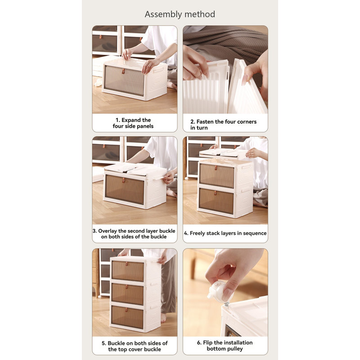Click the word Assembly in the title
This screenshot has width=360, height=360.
(163, 14)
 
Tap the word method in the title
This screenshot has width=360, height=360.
(200, 14)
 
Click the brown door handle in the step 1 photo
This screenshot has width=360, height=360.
(123, 71)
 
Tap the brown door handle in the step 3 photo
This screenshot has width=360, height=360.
(123, 180)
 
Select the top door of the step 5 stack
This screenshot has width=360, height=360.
(128, 271)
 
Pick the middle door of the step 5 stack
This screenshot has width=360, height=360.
(127, 294)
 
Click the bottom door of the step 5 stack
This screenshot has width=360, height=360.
(127, 317)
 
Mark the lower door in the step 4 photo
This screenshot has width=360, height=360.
(216, 201)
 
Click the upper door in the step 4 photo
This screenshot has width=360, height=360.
(217, 175)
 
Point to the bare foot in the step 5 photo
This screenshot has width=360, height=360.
(163, 318)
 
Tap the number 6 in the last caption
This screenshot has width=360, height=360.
(198, 343)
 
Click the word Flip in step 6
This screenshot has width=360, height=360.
(208, 343)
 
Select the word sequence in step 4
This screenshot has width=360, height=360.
(255, 234)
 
